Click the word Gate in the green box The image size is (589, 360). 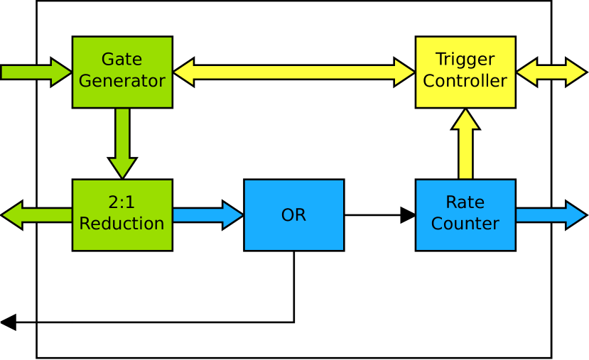(x=121, y=60)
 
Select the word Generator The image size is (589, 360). (x=121, y=81)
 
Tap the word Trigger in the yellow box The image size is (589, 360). (x=465, y=60)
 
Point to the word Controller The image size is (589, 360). (x=465, y=81)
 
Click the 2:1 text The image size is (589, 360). (x=121, y=202)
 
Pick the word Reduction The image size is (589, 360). (x=121, y=224)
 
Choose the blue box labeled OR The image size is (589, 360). (x=293, y=215)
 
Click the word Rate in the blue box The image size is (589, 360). (x=465, y=202)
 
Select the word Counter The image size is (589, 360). (x=465, y=224)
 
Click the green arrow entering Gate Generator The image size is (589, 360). (x=36, y=72)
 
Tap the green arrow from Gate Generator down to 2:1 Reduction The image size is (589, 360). (x=122, y=142)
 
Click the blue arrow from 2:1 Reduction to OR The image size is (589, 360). (x=207, y=215)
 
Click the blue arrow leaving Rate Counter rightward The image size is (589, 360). (x=551, y=215)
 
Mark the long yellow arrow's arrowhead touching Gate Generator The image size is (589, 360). (x=184, y=72)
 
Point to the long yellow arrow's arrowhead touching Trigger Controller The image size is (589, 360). (x=404, y=72)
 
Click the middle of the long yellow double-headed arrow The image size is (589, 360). (x=294, y=72)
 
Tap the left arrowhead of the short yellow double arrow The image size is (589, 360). (x=527, y=72)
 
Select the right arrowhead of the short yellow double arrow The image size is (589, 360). (x=576, y=72)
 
